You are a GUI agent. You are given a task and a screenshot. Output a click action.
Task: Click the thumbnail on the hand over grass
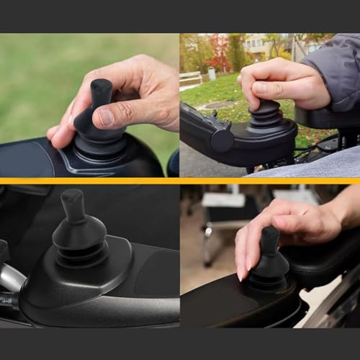pyautogui.click(x=106, y=115)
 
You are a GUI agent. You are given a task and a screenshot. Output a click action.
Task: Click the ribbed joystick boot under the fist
pyautogui.click(x=266, y=114)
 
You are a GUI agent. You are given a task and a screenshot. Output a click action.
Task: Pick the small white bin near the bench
pyautogui.click(x=212, y=73)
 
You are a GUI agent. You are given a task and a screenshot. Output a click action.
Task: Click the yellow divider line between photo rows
pyautogui.click(x=180, y=180)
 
